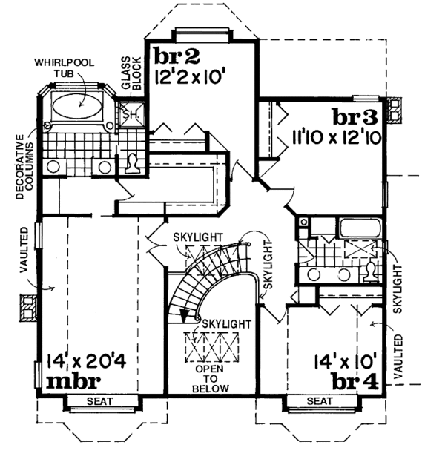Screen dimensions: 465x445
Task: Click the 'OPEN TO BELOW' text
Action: coord(209,377)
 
